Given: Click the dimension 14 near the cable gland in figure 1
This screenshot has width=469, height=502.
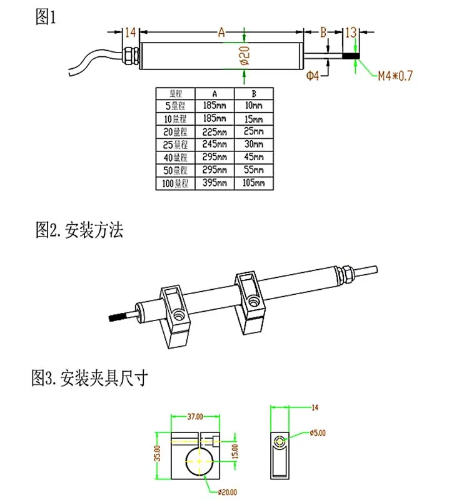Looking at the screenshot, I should pos(131,33).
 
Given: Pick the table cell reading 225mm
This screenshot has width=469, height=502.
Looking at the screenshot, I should pos(214,131).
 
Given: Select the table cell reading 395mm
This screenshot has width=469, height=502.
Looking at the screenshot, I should pos(214,183).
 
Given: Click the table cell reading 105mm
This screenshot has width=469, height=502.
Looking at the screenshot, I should pos(254,183).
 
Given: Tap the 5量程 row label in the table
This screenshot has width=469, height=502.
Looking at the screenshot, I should pos(175,105).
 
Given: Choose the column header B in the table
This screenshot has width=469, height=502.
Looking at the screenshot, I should pos(254,93).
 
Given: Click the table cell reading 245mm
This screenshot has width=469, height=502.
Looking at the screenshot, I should pos(214,145).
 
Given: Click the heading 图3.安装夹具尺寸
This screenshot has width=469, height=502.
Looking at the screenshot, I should pos(89,378).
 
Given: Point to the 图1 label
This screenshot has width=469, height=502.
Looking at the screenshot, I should pos(45,17).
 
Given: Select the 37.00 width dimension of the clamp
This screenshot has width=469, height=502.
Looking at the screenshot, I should pos(194,416).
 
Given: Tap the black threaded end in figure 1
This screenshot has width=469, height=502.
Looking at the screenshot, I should pos(351,56).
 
